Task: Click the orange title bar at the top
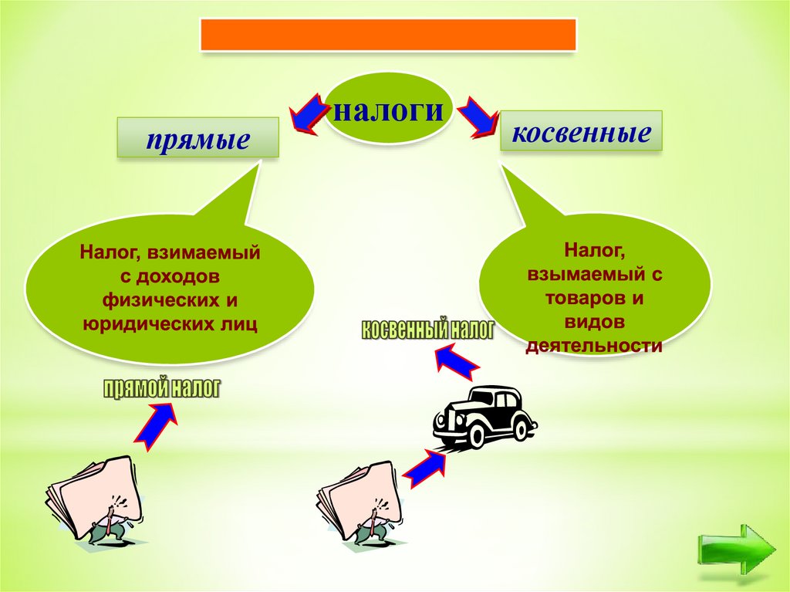click(x=388, y=35)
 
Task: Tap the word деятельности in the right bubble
click(x=594, y=345)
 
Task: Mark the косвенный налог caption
click(x=426, y=330)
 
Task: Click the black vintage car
click(x=484, y=418)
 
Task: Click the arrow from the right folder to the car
click(x=425, y=468)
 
